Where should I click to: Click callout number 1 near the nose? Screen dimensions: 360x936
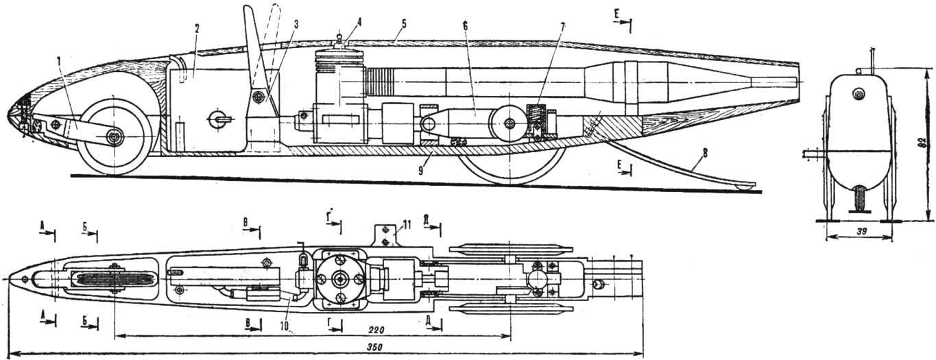point(60,60)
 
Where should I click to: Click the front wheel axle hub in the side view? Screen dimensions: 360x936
point(114,139)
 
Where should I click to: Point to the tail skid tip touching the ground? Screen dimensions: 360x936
point(743,185)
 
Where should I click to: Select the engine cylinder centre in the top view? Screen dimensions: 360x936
point(339,279)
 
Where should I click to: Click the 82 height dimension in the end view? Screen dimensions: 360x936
point(924,144)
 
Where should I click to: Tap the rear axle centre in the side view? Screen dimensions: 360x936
point(509,123)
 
